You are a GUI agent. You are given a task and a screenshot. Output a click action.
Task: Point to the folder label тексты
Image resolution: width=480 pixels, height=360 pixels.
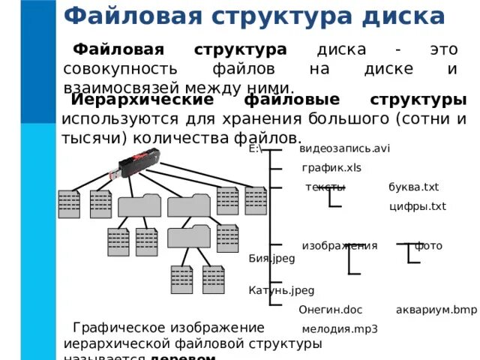[x=325, y=187]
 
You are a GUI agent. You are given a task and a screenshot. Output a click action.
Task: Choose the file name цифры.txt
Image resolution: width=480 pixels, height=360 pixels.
[x=418, y=206]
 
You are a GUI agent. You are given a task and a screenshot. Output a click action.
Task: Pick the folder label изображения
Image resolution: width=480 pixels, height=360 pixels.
[x=339, y=246]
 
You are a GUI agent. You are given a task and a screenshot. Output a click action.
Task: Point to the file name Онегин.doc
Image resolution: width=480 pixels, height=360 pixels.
[x=330, y=309]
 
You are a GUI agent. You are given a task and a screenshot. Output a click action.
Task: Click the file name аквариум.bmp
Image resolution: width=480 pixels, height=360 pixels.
[x=436, y=309]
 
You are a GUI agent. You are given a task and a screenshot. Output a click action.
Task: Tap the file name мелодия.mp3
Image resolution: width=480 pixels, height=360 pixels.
[x=340, y=328]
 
